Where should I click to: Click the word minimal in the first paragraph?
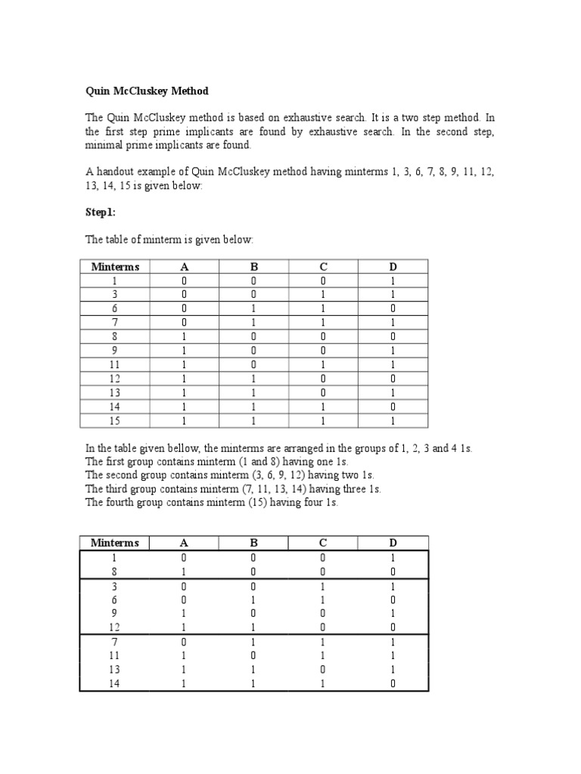tap(103, 145)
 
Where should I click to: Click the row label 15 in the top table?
tap(116, 420)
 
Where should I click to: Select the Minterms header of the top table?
tap(116, 266)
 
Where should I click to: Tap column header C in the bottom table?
tap(323, 543)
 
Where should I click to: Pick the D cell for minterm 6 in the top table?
tap(393, 308)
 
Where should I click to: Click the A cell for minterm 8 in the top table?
tap(184, 335)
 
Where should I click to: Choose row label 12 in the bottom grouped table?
tap(115, 627)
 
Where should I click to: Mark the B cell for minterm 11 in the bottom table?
tap(253, 655)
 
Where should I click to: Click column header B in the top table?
tap(253, 266)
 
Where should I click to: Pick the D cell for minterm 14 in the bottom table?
tap(393, 683)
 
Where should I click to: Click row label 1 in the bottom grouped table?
tap(115, 558)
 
